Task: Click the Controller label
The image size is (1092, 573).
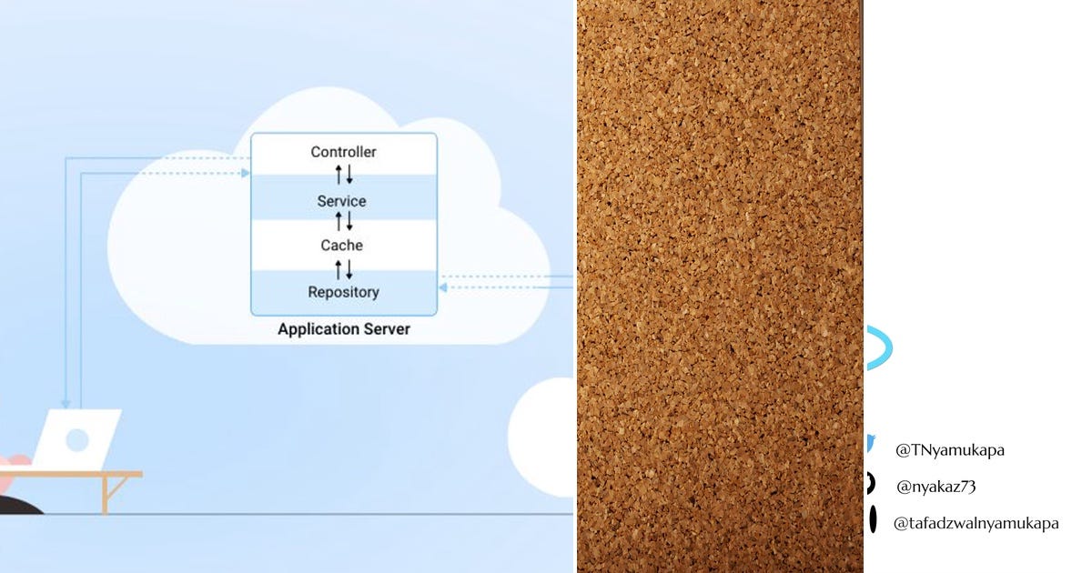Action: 343,152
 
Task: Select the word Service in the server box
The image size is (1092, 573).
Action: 341,201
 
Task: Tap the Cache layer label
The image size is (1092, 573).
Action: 341,245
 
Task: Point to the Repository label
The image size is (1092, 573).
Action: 343,292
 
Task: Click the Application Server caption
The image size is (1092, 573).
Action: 344,329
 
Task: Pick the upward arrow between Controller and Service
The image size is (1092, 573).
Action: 339,175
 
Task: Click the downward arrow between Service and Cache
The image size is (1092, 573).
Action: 349,221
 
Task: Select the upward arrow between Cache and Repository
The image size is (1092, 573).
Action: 339,269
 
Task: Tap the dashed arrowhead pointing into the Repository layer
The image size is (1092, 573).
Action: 442,287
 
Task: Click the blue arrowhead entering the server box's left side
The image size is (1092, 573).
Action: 246,173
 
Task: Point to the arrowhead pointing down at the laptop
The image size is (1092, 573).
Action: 66,404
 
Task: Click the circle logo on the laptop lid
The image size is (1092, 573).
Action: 77,440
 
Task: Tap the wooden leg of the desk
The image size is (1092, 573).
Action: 106,495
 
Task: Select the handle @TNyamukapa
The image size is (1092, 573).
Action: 950,450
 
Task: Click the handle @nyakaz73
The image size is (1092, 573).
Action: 936,487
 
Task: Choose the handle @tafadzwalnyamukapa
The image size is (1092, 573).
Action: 976,523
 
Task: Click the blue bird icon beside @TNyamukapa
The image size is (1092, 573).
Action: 870,445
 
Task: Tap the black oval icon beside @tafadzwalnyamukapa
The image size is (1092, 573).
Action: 873,519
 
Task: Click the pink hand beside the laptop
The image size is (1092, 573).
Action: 15,465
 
